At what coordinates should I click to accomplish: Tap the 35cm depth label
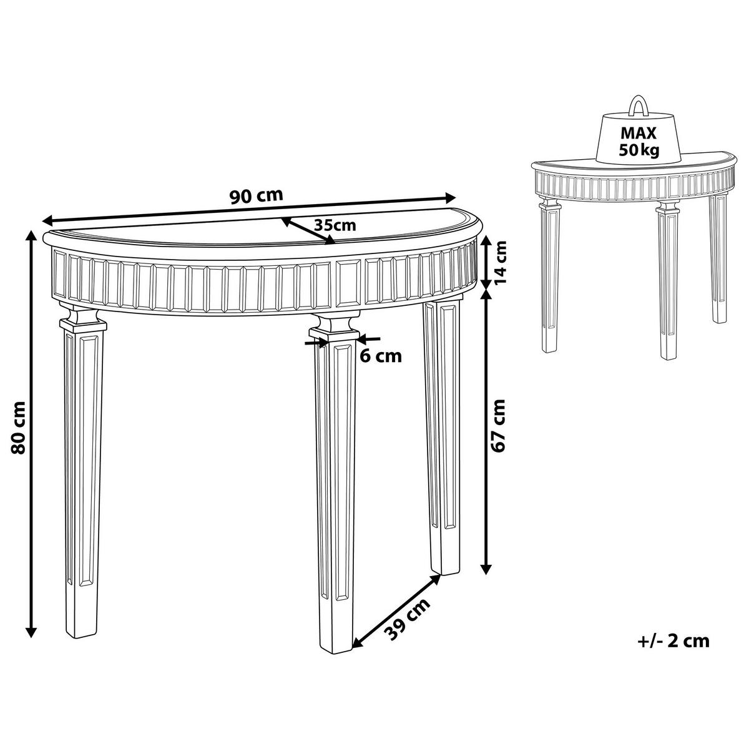click(x=335, y=225)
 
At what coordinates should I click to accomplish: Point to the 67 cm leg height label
click(x=498, y=425)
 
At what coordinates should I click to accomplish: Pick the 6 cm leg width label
click(x=380, y=356)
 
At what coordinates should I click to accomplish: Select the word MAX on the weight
click(x=638, y=134)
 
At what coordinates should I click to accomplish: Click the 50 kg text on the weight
click(x=639, y=150)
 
